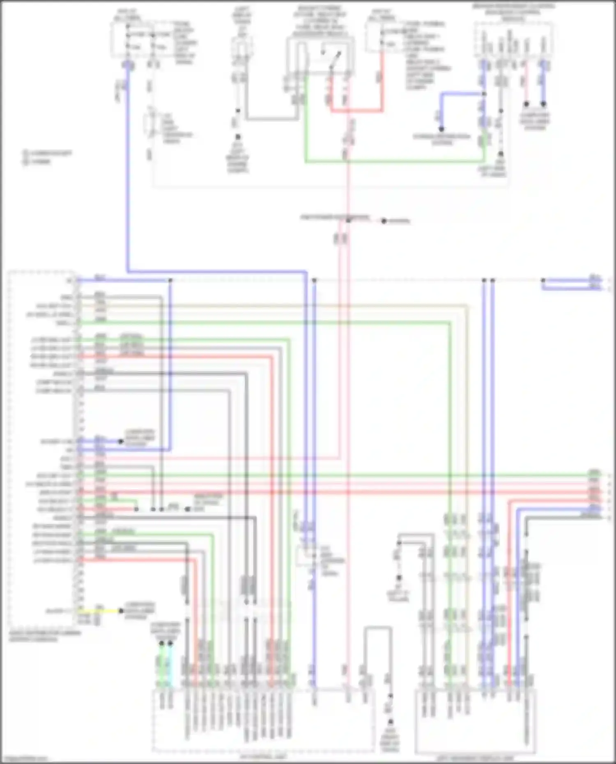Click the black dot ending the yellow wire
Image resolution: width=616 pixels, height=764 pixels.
(121, 611)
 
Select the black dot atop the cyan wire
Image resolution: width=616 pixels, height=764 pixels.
(170, 643)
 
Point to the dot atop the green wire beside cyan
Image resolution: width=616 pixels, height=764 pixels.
(161, 643)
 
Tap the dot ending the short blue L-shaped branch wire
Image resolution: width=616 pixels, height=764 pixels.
(441, 129)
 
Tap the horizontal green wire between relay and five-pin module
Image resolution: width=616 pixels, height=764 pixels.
(394, 162)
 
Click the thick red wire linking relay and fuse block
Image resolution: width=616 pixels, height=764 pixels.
(357, 110)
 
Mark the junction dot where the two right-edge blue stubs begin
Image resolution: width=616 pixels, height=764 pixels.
(543, 280)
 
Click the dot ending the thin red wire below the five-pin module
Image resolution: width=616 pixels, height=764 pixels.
(526, 104)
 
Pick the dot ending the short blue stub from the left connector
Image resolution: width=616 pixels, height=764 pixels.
(121, 442)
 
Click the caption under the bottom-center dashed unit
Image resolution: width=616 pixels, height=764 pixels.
(263, 756)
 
